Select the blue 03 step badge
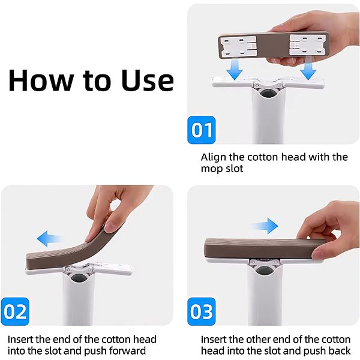(x=202, y=312)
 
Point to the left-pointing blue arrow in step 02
(x=51, y=239)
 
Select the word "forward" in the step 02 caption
(x=127, y=351)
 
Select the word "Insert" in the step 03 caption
(x=214, y=338)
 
